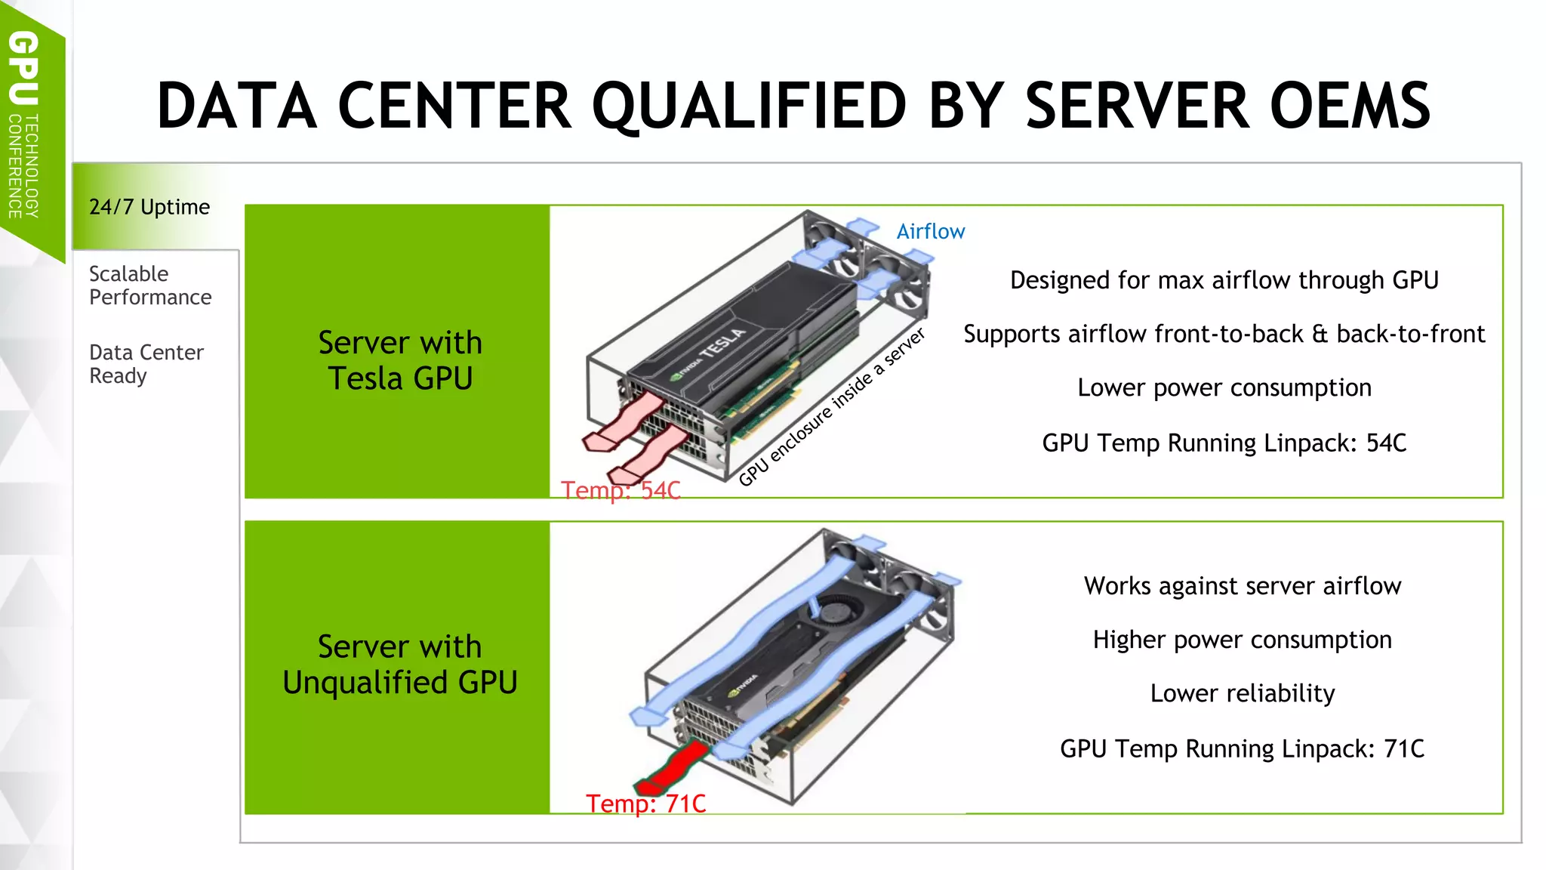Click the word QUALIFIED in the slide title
click(x=749, y=106)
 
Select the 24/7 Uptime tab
click(x=149, y=207)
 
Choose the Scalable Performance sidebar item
click(x=150, y=285)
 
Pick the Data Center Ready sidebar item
click(x=146, y=364)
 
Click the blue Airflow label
click(x=930, y=232)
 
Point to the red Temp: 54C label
click(x=621, y=491)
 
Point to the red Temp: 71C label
click(x=646, y=804)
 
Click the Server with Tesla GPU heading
click(x=400, y=360)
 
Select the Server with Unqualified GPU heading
click(x=400, y=665)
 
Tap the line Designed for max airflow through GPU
click(x=1224, y=280)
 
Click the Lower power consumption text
click(x=1224, y=387)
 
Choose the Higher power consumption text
click(x=1242, y=640)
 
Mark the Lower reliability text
click(x=1242, y=693)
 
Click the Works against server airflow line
click(x=1242, y=586)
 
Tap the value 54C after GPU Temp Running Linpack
click(x=1386, y=443)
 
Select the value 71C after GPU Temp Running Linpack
click(x=1403, y=748)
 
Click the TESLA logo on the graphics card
click(x=722, y=344)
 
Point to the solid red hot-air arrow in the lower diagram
click(x=674, y=767)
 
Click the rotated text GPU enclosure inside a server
click(x=831, y=408)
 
